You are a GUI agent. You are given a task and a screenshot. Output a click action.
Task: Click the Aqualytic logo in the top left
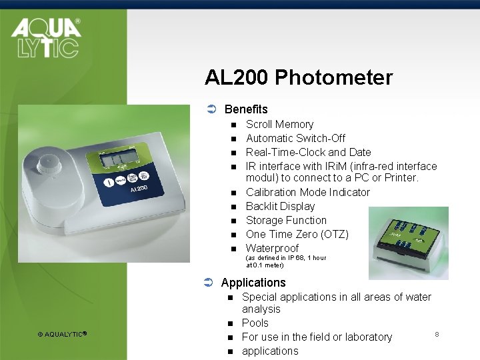coord(45,38)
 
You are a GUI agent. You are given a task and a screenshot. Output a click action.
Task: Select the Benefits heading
coord(246,109)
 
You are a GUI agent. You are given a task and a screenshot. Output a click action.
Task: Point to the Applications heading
coord(253,282)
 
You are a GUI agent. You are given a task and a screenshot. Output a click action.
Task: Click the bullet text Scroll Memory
coord(279,124)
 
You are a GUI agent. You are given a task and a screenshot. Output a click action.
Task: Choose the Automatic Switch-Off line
coord(295,138)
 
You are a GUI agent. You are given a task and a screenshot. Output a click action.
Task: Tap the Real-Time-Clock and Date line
coord(308,152)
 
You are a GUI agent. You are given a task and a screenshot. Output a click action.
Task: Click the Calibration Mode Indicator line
coord(307,192)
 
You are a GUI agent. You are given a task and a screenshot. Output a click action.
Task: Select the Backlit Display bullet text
coord(280,206)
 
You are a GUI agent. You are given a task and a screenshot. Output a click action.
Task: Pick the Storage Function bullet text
coord(286,220)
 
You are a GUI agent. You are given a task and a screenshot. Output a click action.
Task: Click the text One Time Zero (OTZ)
coord(297,234)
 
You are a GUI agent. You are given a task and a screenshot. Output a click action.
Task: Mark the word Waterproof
coord(272,248)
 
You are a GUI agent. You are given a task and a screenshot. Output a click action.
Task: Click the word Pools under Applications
coord(255,323)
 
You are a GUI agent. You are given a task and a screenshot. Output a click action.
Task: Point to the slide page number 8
coord(437,333)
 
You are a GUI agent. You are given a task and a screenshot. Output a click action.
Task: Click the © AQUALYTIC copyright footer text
coord(63,334)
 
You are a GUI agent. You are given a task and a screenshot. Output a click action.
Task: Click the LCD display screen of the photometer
coord(118,159)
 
